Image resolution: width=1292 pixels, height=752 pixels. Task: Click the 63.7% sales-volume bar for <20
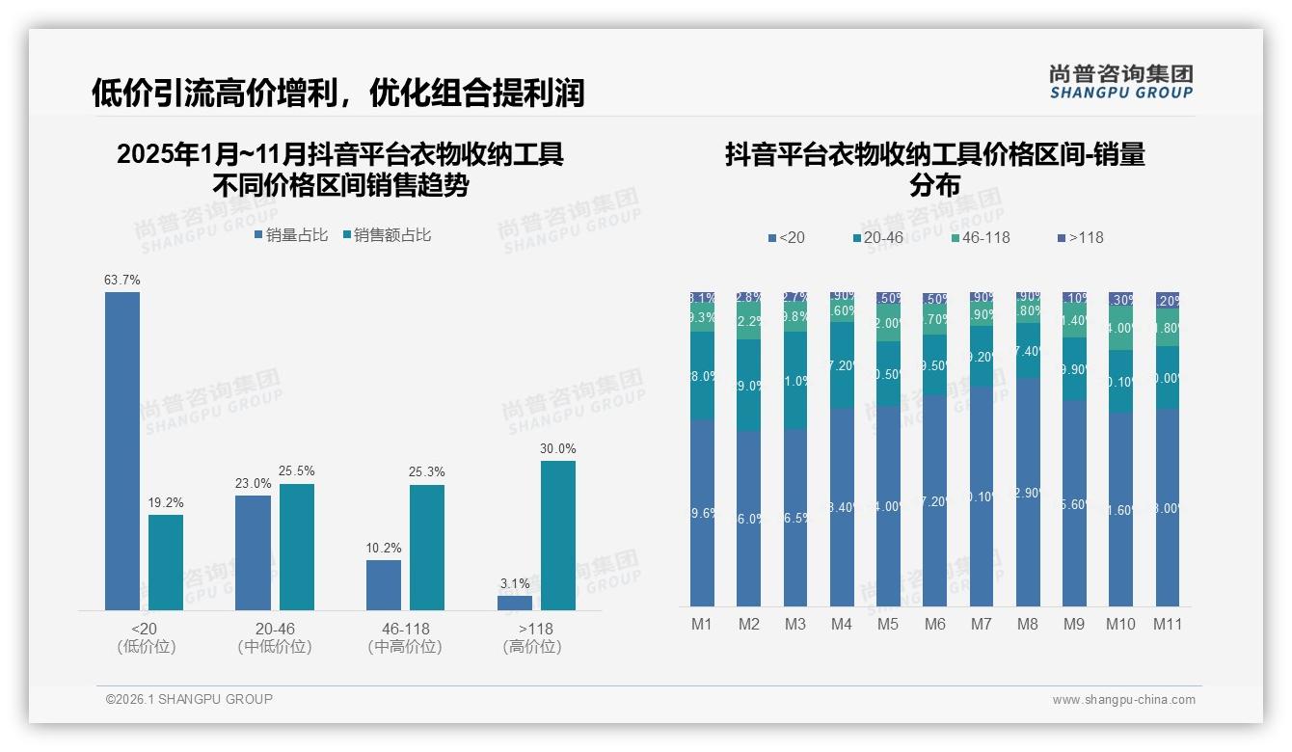tap(122, 450)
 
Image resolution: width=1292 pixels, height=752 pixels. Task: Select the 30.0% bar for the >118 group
tap(557, 535)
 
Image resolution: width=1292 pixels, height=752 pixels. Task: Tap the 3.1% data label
tap(515, 584)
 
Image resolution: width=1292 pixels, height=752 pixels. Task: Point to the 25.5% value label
tap(297, 471)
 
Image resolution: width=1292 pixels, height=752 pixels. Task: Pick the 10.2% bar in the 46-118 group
tap(384, 585)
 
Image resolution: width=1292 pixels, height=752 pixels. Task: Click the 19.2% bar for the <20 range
tap(166, 562)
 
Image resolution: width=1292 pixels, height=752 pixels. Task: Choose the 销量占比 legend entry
tap(291, 234)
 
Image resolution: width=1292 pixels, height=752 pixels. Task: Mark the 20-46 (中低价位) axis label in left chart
tap(275, 637)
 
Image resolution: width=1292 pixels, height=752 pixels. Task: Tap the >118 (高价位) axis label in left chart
tap(532, 637)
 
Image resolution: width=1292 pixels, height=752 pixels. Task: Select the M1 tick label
tap(702, 624)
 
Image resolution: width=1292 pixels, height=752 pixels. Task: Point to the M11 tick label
tap(1168, 624)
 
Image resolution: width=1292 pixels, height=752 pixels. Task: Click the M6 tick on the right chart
tap(934, 624)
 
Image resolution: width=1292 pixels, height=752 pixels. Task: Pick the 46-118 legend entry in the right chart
tap(980, 237)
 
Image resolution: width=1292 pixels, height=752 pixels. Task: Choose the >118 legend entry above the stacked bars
tap(1080, 237)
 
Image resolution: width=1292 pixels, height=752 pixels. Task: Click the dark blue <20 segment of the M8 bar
tap(1028, 492)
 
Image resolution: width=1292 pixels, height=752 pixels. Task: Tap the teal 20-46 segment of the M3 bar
tap(795, 381)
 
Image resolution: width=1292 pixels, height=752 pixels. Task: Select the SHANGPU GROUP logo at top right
tap(1120, 82)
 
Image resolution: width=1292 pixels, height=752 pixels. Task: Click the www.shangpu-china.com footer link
tap(1123, 700)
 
